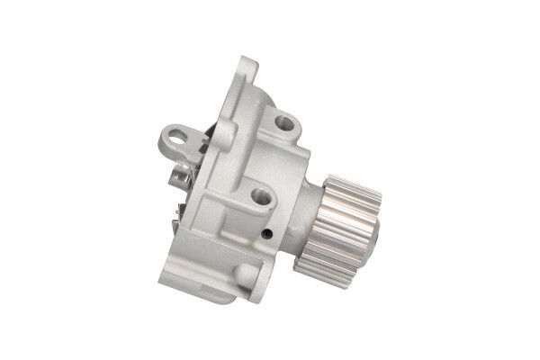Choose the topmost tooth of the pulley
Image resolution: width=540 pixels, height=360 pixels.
pos(346,173)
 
